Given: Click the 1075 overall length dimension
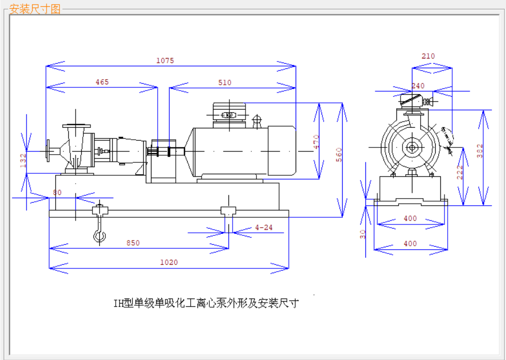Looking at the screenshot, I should [165, 61].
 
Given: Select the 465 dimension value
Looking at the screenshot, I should [102, 82].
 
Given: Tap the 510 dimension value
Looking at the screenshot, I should [225, 82].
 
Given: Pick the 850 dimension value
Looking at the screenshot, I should [133, 243].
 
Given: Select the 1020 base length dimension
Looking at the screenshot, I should [168, 262].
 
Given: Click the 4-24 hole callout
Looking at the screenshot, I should [264, 227].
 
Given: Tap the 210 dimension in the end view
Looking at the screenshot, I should [428, 56].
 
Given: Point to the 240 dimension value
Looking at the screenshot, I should [418, 86].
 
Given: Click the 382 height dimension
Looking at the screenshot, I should [480, 150].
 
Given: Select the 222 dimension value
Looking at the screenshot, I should [459, 172].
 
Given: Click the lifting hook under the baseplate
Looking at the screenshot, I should [99, 236].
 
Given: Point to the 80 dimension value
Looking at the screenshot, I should [57, 193].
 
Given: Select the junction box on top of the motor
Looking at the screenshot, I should [228, 114].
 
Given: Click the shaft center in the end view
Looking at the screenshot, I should [412, 147].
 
